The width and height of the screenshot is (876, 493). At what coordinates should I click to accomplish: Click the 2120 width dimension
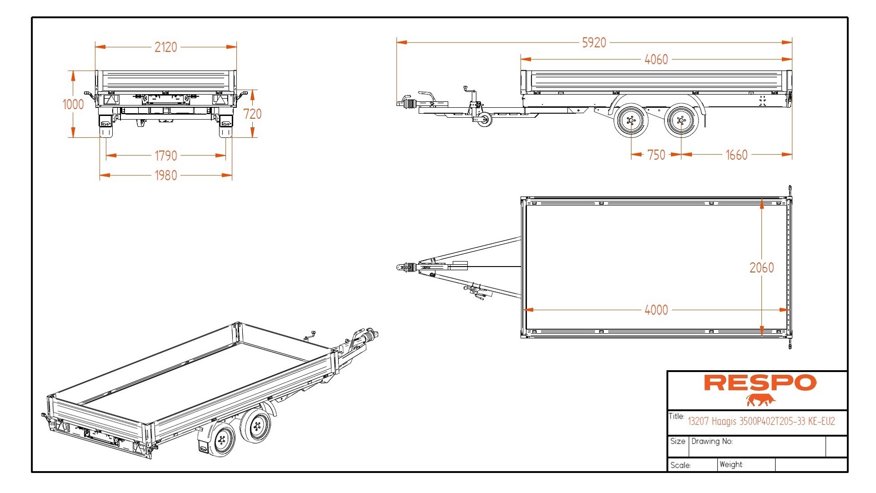(166, 47)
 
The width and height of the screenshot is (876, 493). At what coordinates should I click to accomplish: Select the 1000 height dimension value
(73, 105)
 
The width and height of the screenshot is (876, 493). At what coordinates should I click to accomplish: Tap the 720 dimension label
(252, 114)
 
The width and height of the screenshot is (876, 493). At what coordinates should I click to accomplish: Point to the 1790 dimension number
(166, 156)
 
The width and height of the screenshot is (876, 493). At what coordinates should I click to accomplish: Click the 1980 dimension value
(166, 176)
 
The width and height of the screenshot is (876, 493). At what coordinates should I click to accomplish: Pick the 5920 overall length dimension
(594, 43)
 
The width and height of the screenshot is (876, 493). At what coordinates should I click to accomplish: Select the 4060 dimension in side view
(656, 59)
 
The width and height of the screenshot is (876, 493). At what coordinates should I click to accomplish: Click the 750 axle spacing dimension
(656, 155)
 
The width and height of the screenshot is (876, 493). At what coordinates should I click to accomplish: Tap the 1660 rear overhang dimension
(736, 155)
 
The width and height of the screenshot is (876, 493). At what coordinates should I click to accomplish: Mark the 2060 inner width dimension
(761, 268)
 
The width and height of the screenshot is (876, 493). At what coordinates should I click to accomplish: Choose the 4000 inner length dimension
(656, 310)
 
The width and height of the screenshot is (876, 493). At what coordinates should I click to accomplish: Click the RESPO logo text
(760, 383)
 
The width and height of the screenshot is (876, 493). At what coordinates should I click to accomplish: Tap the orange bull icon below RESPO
(761, 400)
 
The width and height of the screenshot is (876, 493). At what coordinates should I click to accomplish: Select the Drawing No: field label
(712, 441)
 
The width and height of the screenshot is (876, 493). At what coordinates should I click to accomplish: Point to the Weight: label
(731, 465)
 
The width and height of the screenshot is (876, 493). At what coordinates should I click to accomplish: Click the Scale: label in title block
(680, 466)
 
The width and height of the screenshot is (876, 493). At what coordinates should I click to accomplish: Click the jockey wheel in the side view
(484, 120)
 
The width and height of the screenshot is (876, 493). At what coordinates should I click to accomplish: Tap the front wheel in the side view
(631, 121)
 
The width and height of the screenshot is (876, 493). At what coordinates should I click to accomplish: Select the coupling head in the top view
(401, 267)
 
